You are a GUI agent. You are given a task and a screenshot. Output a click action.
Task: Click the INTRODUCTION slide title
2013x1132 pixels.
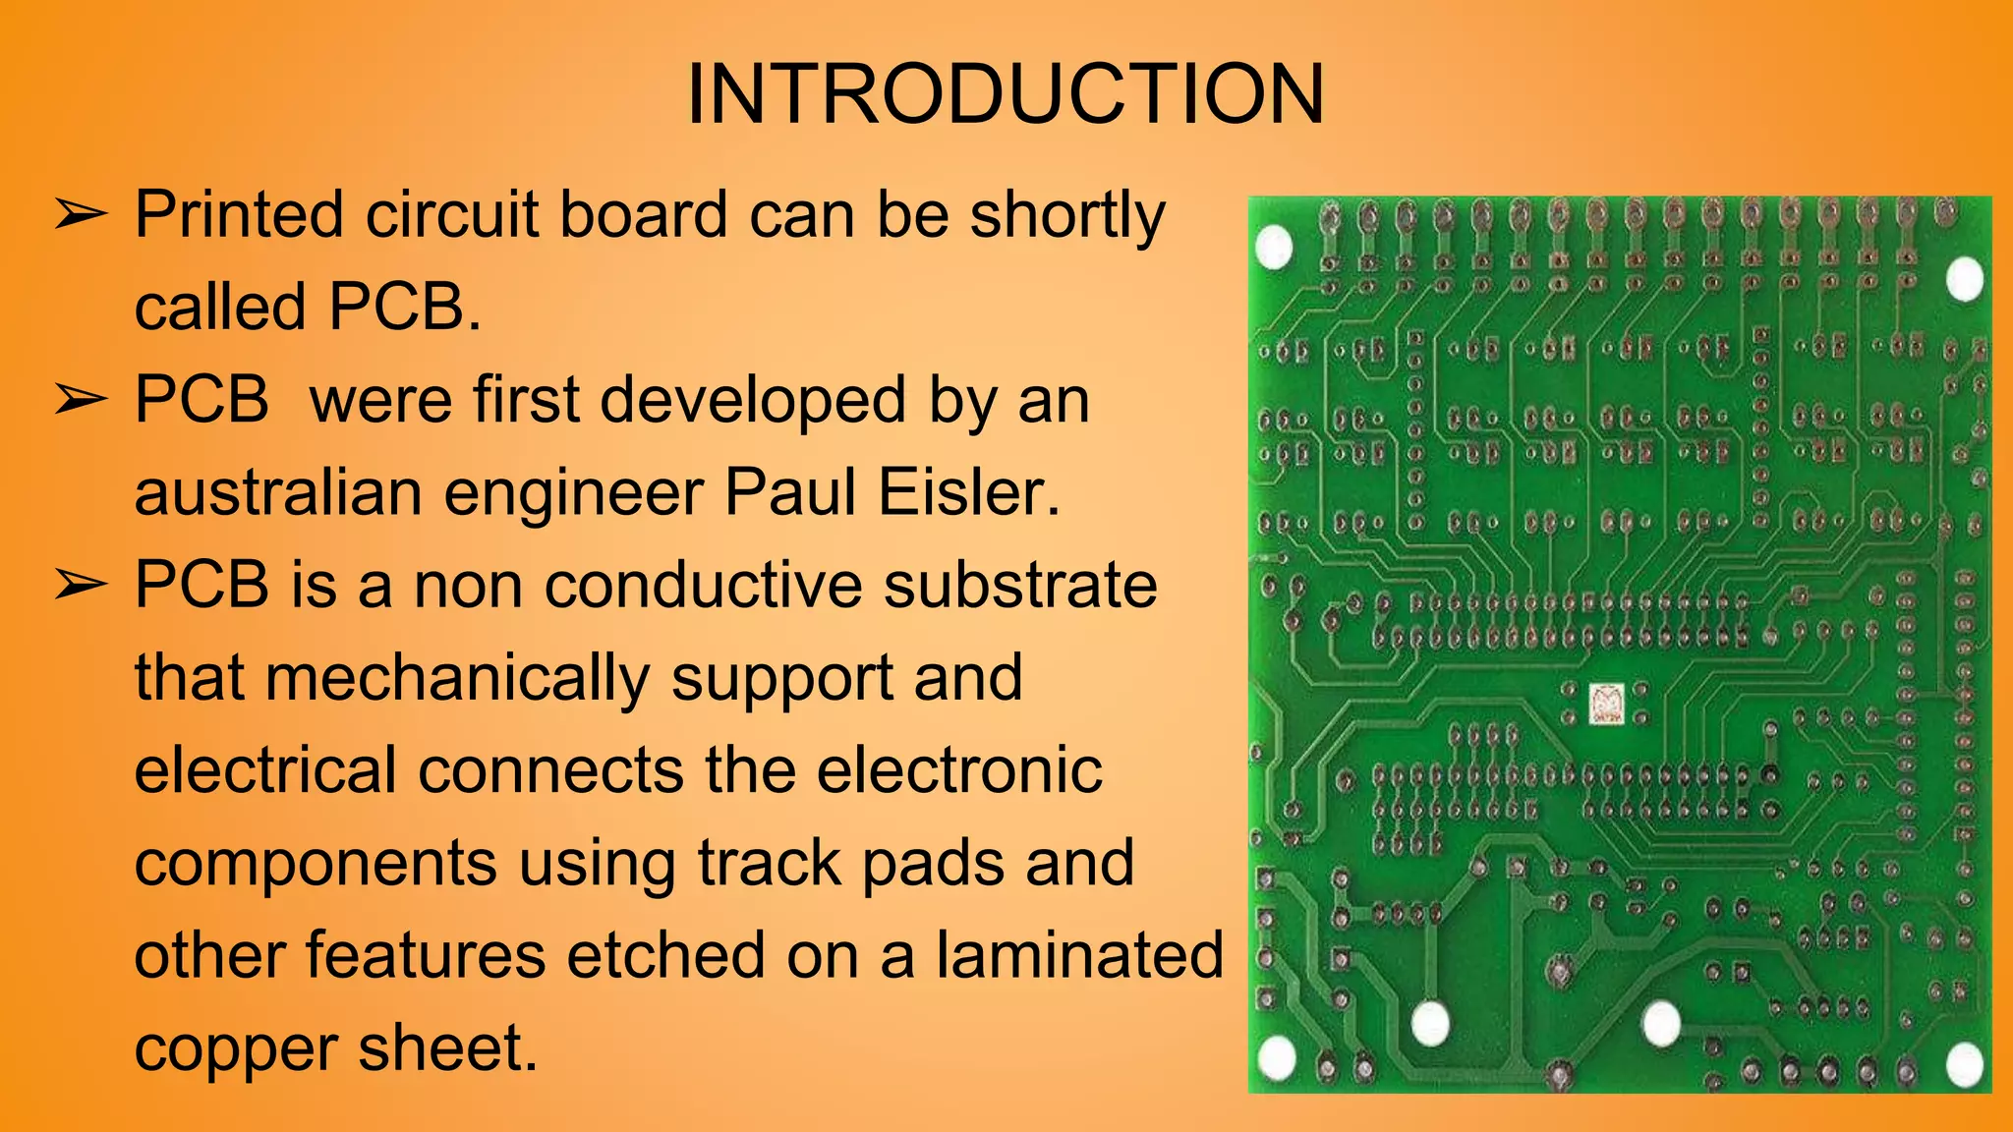point(1006,94)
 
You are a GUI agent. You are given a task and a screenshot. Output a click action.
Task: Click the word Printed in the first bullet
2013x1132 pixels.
point(239,215)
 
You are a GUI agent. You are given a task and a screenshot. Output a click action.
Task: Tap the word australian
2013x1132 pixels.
point(278,492)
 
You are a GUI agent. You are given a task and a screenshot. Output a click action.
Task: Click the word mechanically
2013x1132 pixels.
point(457,678)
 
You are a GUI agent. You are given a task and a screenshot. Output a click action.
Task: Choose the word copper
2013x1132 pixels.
point(235,1049)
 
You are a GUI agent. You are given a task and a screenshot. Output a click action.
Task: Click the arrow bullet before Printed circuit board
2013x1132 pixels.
point(80,214)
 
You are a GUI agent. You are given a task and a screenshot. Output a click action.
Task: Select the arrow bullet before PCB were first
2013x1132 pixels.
point(80,400)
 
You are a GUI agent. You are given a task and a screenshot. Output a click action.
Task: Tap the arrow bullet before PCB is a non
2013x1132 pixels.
point(80,586)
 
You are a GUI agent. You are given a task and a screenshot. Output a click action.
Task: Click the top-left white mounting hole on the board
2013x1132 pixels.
point(1275,248)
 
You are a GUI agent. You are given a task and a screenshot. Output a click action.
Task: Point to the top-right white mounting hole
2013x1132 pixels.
point(1965,278)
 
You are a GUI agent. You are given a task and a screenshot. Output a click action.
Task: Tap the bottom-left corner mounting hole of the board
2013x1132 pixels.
point(1278,1057)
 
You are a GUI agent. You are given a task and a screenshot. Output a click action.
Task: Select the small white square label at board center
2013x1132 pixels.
point(1606,704)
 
